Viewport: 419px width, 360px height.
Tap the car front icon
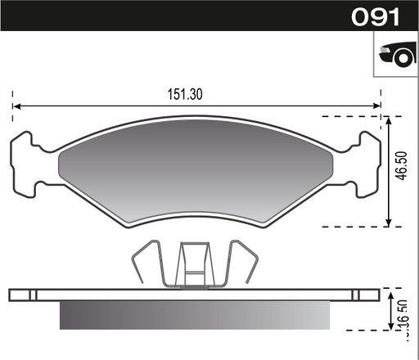pyautogui.click(x=395, y=56)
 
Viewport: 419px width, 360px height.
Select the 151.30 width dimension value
pyautogui.click(x=185, y=94)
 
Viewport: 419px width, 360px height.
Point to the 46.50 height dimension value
pyautogui.click(x=402, y=170)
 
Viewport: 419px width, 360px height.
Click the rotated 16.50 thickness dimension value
pyautogui.click(x=405, y=326)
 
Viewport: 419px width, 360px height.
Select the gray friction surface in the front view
pyautogui.click(x=196, y=172)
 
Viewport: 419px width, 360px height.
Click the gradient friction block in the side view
pyautogui.click(x=196, y=314)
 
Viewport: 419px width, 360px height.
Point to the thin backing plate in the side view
pyautogui.click(x=196, y=293)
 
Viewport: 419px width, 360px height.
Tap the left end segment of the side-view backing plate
pyautogui.click(x=23, y=293)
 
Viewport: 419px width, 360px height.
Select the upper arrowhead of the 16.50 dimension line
pyautogui.click(x=389, y=292)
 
